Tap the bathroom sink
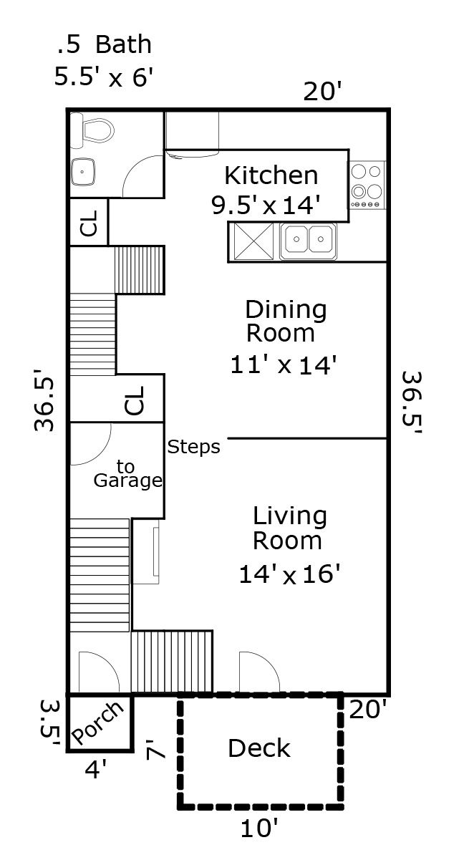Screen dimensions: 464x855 (82, 172)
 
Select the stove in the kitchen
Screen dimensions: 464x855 (367, 185)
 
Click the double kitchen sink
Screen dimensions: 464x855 (308, 241)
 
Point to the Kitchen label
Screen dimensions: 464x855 (271, 176)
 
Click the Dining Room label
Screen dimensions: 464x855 (285, 322)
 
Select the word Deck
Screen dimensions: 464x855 (259, 748)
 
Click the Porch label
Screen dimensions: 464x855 (98, 723)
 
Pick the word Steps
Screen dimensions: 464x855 (193, 447)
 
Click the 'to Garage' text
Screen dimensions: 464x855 (128, 474)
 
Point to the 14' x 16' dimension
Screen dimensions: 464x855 (289, 574)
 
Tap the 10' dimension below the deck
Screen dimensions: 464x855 (259, 829)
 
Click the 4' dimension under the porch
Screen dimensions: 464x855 (95, 769)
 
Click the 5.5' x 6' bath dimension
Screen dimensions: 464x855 (102, 77)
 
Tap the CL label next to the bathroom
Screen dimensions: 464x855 (89, 223)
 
